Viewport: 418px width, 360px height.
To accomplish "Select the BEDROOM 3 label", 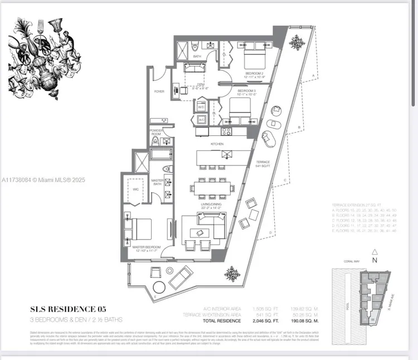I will pos(246,91).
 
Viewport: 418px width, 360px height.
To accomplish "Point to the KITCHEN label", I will pos(217,144).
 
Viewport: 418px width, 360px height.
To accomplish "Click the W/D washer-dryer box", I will pos(201,106).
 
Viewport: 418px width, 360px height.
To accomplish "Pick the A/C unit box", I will pos(201,119).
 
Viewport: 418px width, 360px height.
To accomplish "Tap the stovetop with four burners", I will pos(226,132).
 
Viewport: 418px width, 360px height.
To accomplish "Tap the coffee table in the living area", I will pos(202,232).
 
